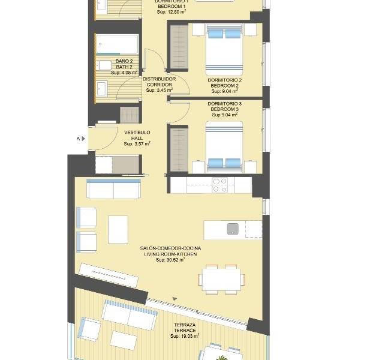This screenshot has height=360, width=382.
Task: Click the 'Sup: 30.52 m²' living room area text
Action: click(x=170, y=260)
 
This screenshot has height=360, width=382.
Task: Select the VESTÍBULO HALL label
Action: click(x=137, y=134)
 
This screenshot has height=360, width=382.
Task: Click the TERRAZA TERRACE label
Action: click(x=185, y=328)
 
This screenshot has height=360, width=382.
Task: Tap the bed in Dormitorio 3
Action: click(x=224, y=146)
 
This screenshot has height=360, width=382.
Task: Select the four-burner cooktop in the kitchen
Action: click(x=220, y=184)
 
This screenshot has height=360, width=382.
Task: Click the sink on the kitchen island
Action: click(x=233, y=228)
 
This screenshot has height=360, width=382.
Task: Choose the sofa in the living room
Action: click(x=114, y=189)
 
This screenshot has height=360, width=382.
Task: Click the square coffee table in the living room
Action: click(x=118, y=229)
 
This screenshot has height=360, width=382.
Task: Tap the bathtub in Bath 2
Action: click(x=117, y=45)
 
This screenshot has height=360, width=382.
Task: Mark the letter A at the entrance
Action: click(x=78, y=139)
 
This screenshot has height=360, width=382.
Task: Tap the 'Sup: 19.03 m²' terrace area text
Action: click(x=185, y=337)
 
